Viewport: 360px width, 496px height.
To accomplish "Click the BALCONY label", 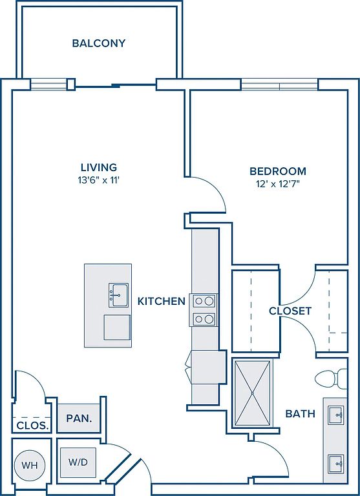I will [99, 44].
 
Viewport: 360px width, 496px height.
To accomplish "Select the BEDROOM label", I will [278, 171].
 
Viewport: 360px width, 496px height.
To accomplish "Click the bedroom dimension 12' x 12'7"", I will [278, 185].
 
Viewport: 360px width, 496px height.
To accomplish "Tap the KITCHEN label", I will [162, 301].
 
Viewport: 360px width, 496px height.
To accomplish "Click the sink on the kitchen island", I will [117, 294].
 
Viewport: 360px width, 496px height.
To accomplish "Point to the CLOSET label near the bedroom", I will [290, 311].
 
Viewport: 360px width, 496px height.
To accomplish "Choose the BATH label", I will [301, 413].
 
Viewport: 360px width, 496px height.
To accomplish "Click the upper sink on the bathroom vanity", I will [336, 414].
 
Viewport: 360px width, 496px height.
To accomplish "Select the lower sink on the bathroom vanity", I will [336, 462].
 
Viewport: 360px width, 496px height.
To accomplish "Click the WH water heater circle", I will [29, 465].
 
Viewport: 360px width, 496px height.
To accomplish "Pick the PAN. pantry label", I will [79, 418].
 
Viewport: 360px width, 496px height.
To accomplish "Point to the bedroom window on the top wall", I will [279, 84].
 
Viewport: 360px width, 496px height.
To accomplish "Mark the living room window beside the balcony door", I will [48, 84].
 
